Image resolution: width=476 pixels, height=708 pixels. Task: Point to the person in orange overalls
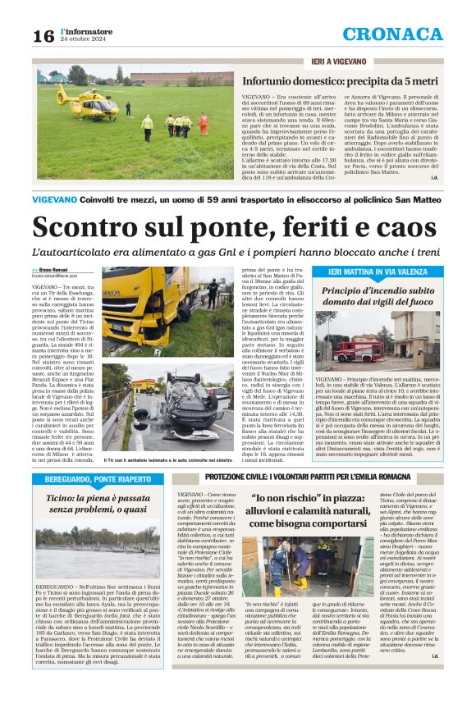click(203, 124)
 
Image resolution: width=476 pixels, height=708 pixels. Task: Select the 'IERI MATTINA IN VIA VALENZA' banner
click(378, 271)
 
